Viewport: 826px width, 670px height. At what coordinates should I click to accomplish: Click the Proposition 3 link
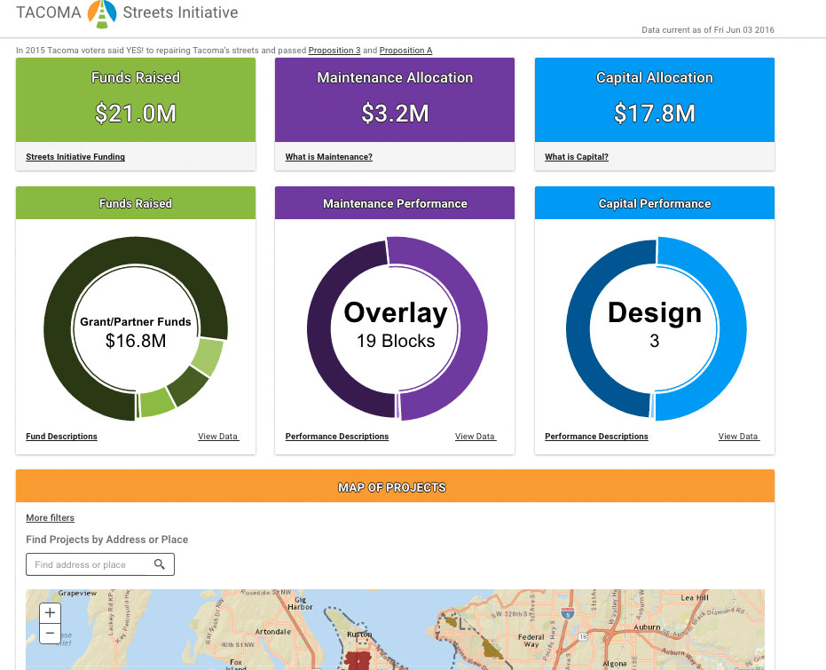pos(334,51)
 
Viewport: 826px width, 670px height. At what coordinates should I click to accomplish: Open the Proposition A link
pos(405,51)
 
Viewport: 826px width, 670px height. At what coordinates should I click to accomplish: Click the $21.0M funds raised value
pos(135,113)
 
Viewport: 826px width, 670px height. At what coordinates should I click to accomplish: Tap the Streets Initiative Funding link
pos(75,157)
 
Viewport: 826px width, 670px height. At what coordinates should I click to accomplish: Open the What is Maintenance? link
pos(328,157)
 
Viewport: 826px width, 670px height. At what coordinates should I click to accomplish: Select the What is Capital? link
pos(577,157)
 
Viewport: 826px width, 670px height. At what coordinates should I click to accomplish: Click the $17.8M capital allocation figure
pos(655,113)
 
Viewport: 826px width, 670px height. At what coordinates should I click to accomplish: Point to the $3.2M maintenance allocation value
pos(395,113)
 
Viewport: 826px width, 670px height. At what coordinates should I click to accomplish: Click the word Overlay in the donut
pos(396,312)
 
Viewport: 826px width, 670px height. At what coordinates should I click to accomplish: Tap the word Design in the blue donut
pos(655,312)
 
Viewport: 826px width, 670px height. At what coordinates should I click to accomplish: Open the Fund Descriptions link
pos(61,437)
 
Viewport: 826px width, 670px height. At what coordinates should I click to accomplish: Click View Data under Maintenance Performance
pos(475,437)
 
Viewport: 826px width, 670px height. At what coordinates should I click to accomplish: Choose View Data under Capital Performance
pos(738,437)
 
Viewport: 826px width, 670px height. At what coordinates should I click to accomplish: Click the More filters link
pos(50,517)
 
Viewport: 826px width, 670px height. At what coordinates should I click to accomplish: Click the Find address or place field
pos(89,564)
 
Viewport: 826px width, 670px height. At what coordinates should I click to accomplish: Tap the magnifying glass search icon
pos(160,564)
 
